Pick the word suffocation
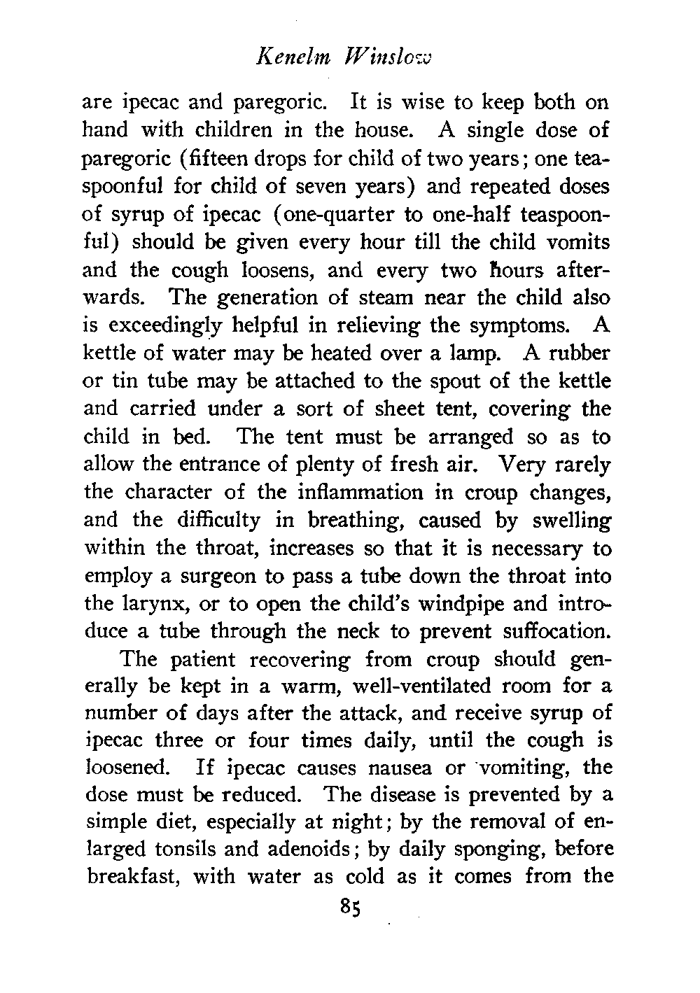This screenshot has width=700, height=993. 556,632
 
